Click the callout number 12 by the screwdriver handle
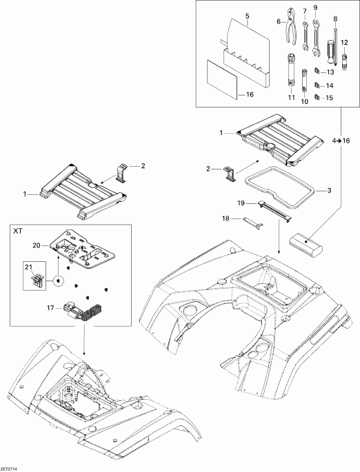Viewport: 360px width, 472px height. (x=344, y=43)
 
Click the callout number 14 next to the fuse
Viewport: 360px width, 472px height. (x=329, y=85)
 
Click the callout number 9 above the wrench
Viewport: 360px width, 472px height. (x=316, y=8)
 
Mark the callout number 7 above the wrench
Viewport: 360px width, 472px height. (x=305, y=10)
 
